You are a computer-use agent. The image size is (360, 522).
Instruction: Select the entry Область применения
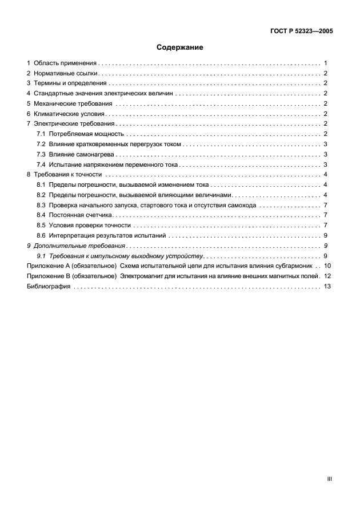pyautogui.click(x=65, y=63)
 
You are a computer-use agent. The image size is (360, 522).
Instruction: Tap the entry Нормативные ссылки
pyautogui.click(x=66, y=73)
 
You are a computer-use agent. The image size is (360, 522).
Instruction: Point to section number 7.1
pyautogui.click(x=41, y=134)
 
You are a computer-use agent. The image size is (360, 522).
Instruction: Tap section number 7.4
pyautogui.click(x=41, y=164)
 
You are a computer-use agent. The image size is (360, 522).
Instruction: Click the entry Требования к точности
pyautogui.click(x=67, y=174)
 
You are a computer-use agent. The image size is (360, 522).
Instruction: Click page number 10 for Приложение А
pyautogui.click(x=327, y=266)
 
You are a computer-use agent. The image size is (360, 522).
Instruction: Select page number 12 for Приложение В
pyautogui.click(x=327, y=276)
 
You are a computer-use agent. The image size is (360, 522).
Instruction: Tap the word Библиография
pyautogui.click(x=49, y=286)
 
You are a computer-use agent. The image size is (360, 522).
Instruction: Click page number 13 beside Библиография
pyautogui.click(x=327, y=286)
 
